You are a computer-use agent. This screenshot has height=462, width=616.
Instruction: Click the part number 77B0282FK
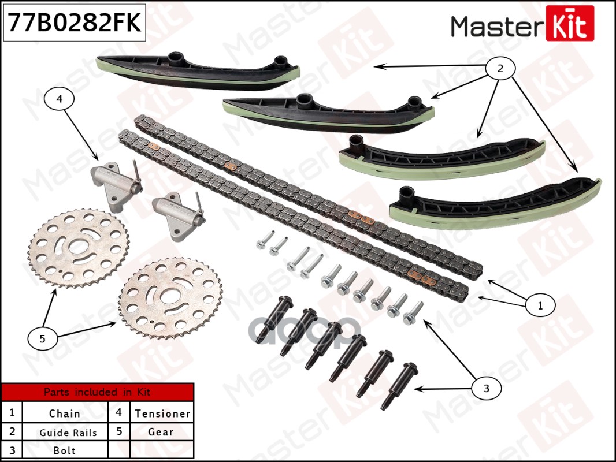[73, 24]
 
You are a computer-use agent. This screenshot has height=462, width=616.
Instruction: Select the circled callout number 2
[500, 69]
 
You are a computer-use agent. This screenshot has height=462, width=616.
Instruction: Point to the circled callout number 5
[43, 339]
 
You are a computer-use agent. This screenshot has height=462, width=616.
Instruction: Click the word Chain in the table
[64, 413]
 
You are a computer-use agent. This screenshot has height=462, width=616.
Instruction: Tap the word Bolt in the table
[64, 450]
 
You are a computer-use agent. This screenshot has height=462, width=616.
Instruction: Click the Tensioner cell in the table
[162, 413]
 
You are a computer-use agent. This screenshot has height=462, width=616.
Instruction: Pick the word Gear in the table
[161, 432]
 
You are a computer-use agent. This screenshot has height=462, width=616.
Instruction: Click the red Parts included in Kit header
[97, 392]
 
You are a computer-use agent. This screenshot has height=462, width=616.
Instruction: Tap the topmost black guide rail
[196, 73]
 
